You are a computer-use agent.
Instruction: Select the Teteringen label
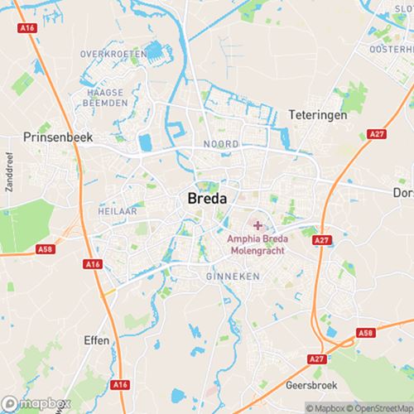pyautogui.click(x=317, y=114)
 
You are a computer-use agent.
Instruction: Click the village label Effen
pyautogui.click(x=97, y=339)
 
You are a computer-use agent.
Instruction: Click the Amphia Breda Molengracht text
pyautogui.click(x=258, y=245)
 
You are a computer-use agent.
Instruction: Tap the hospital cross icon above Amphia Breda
pyautogui.click(x=258, y=225)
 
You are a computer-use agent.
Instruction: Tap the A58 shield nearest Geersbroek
pyautogui.click(x=365, y=331)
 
